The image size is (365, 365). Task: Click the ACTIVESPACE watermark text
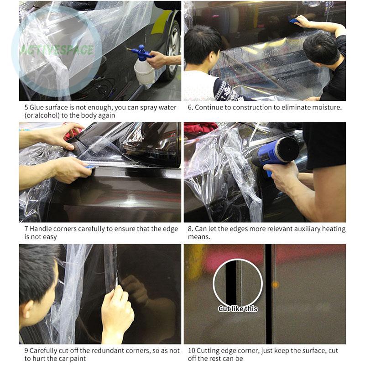(57, 50)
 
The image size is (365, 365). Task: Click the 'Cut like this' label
(238, 309)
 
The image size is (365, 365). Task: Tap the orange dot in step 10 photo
(275, 285)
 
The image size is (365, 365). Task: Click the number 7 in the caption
(26, 229)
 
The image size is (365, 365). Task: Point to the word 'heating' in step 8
(334, 229)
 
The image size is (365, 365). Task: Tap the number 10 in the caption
(192, 351)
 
